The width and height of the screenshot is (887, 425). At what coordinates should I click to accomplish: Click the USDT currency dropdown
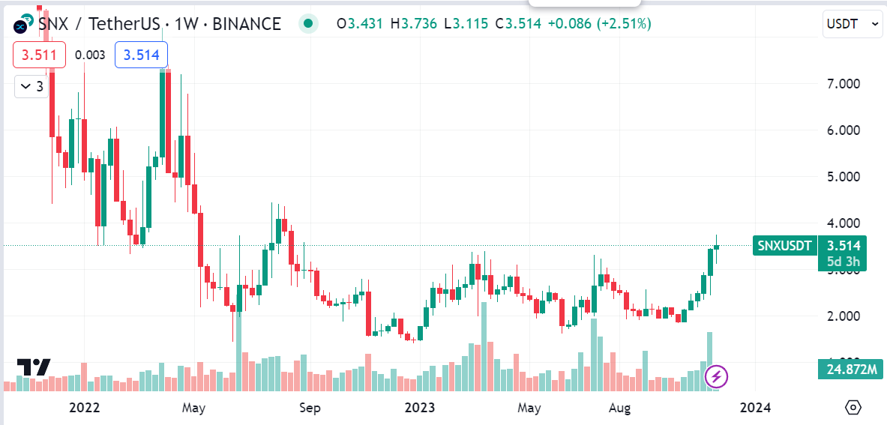click(852, 24)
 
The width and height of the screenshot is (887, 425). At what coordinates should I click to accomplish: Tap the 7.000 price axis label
click(843, 83)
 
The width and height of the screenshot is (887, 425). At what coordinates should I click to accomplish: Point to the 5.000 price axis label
click(843, 177)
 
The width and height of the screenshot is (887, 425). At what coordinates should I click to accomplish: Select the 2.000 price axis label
click(843, 316)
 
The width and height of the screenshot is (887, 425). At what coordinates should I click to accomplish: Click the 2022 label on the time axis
click(84, 408)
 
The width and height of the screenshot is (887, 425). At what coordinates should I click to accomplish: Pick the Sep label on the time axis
click(310, 408)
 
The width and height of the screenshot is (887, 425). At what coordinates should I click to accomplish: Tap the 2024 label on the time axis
click(755, 408)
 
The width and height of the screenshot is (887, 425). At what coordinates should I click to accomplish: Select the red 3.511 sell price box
click(39, 55)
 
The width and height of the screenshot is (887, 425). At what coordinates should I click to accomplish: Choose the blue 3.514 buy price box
click(141, 55)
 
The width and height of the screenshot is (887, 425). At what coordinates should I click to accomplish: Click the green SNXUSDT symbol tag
click(784, 245)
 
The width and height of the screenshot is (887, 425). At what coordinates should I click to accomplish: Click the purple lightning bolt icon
click(717, 376)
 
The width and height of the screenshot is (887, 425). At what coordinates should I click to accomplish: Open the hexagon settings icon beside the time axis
click(853, 407)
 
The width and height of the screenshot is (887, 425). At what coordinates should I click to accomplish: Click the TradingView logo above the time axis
click(34, 367)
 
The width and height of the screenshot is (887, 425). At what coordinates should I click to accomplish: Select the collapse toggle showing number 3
click(32, 87)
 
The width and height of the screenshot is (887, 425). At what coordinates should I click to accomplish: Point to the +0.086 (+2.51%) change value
click(599, 24)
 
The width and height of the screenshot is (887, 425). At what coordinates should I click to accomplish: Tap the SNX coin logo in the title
click(21, 25)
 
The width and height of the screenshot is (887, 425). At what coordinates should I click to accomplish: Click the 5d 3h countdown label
click(843, 262)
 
